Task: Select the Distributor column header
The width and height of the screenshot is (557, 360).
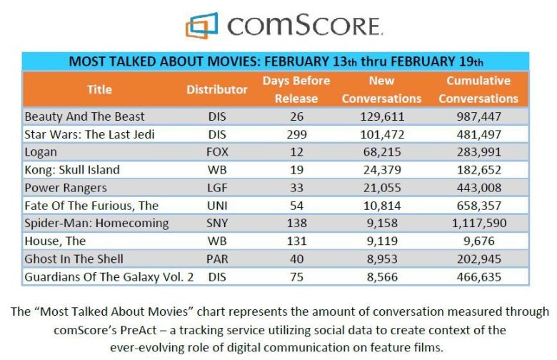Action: (217, 89)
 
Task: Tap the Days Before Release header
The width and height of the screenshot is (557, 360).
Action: (296, 89)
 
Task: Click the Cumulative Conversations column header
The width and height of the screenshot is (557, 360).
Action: (478, 89)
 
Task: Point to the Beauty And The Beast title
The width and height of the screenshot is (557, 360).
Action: (84, 116)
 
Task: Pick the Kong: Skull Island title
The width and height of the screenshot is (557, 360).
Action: (72, 169)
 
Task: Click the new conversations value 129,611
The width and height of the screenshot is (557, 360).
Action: (381, 116)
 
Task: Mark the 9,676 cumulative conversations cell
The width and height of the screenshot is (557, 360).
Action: (478, 241)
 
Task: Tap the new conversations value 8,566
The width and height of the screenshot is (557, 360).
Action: (382, 276)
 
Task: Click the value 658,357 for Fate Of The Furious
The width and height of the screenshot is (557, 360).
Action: (478, 205)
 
